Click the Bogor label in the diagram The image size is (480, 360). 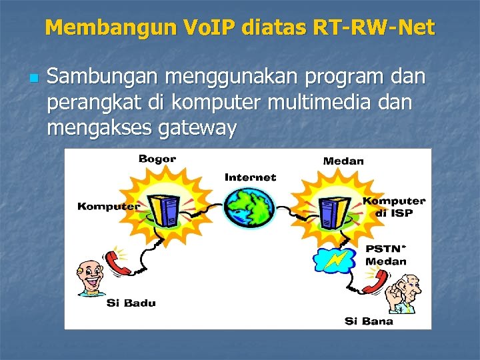coord(157,159)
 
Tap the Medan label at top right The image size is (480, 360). coord(343,161)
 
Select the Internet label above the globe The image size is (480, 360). coord(250,177)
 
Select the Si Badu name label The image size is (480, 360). coord(131,303)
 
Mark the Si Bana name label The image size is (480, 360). coord(369,321)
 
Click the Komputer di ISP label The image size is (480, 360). coord(394,207)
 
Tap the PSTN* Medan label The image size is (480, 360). coord(386,254)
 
